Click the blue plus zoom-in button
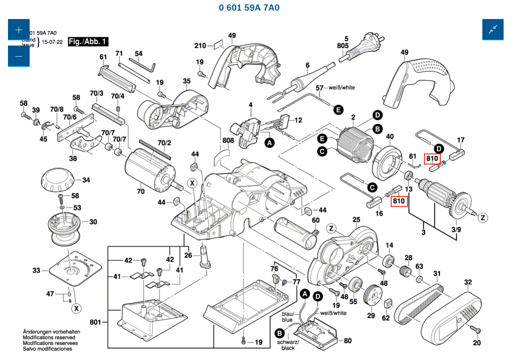coord(19,30)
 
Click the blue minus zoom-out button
coord(19,56)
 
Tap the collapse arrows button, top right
coord(493,30)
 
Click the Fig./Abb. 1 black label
coord(88,42)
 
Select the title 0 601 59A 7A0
coord(249,8)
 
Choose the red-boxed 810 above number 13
coord(399,201)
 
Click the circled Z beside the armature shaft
coord(484,217)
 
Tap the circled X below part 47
coord(77,308)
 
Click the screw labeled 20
coord(476,330)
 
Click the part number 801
coord(95,322)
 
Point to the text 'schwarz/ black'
coord(288,345)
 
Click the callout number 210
coord(200,46)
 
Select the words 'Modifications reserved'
coord(49,337)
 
